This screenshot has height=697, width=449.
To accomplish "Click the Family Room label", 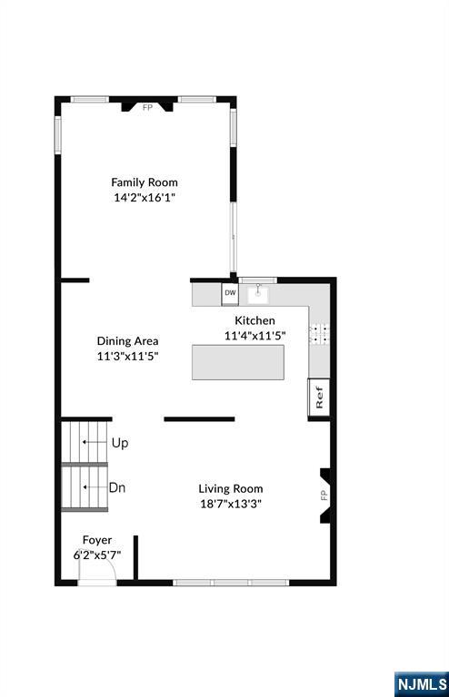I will coord(145,182).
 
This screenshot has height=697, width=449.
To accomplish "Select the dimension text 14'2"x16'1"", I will coord(145,198).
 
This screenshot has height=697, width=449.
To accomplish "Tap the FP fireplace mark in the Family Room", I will coord(147,107).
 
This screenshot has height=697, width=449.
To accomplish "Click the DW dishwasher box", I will coord(230,293).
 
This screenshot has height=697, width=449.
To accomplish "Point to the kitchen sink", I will coord(260,293).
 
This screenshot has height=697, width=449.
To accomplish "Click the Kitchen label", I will coord(254,320).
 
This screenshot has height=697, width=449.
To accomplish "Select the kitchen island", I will coord(237,362).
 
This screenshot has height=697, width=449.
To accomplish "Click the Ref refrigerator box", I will coord(319,398).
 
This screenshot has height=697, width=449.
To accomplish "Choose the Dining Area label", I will coord(128,341).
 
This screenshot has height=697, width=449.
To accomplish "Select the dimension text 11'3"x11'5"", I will coord(128,357).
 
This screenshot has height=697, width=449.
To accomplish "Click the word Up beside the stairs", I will coord(120,443).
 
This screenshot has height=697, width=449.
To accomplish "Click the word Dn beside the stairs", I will coord(117,487).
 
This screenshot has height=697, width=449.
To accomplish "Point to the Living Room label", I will coord(232,488).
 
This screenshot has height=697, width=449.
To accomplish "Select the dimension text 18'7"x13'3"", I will coord(232,504).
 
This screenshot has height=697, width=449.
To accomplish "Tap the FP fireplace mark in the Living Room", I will coord(323,495).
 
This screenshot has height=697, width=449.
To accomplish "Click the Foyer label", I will coord(97,540).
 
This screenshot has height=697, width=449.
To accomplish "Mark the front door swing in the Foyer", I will coord(96,569).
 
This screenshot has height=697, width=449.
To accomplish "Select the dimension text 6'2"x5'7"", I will coord(97,554).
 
